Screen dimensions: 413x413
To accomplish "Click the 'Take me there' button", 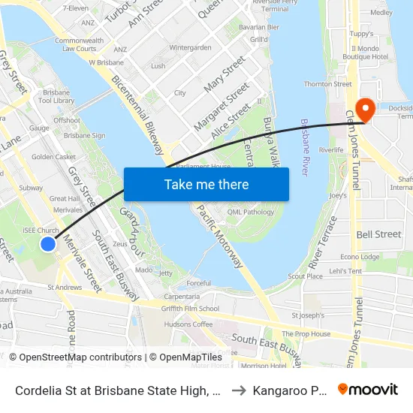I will (206, 184).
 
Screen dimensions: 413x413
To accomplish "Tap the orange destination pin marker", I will (366, 110).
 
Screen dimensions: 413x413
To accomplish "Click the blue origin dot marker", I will (48, 243).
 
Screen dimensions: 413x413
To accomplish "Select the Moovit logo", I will (368, 390).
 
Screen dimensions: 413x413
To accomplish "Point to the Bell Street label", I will (378, 234).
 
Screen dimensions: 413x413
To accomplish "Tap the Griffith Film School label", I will (191, 309).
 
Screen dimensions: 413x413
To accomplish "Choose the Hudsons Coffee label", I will (188, 324).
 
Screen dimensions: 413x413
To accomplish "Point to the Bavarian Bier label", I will (258, 27).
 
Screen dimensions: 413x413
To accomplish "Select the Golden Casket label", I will (53, 157).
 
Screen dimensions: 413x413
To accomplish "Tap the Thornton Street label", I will (327, 84).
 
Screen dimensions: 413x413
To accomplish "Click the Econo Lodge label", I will (360, 257).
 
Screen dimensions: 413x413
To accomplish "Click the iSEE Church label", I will (41, 231).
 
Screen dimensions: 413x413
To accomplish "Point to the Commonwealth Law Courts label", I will (79, 44).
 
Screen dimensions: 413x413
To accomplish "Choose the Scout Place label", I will (306, 276).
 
